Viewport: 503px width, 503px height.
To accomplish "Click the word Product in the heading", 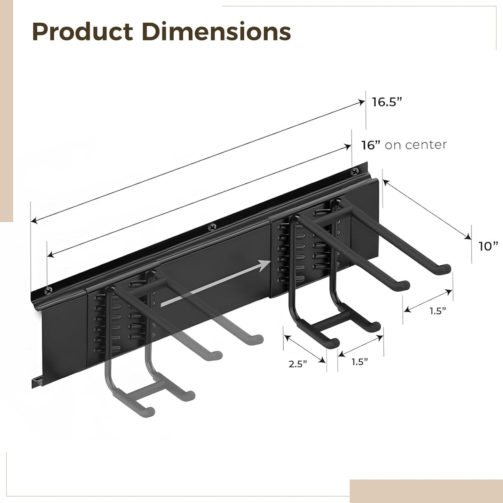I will (x=82, y=32).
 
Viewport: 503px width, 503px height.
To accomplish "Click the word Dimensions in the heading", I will (x=216, y=32).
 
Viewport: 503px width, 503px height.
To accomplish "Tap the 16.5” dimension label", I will (x=387, y=102).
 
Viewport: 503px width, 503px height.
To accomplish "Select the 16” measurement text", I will (x=370, y=145).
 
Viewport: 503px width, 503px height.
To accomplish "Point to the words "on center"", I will (x=416, y=145).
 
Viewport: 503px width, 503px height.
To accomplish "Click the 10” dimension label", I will (x=488, y=246).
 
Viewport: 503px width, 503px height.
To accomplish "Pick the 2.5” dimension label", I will (x=298, y=364).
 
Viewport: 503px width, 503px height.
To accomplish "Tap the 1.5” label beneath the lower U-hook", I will (x=360, y=362).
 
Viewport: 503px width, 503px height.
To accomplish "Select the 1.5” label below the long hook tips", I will (x=438, y=311).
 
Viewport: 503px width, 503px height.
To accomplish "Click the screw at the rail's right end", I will (x=355, y=171).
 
